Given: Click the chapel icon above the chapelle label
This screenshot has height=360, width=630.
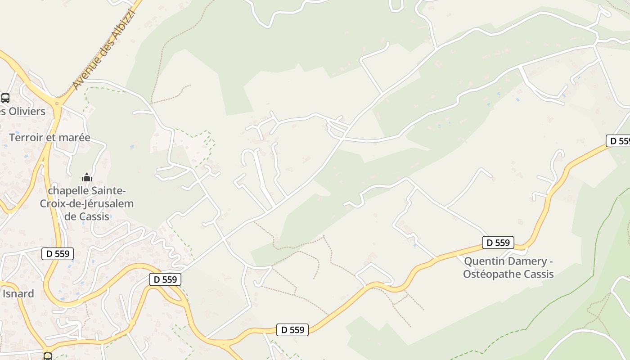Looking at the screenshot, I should pos(86,177).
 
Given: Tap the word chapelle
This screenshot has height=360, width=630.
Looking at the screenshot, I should pos(72,191).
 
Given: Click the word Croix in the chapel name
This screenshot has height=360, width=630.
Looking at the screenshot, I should pos(54,203).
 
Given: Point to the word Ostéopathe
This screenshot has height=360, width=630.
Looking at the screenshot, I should pos(492,274).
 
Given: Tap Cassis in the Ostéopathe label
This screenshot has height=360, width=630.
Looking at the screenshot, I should pos(538,274).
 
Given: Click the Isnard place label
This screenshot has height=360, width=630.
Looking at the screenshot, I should pos(18,294).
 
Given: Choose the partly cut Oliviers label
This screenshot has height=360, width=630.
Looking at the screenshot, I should pos(23,111).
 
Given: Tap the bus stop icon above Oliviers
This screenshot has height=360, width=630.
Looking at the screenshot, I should pos(5,98).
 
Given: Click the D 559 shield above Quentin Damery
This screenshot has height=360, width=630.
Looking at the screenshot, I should pos(498,243).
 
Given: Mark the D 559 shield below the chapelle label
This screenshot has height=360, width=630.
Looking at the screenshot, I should pos(58,253).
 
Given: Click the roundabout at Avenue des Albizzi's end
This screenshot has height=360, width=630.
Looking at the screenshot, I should pos(57,103).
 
